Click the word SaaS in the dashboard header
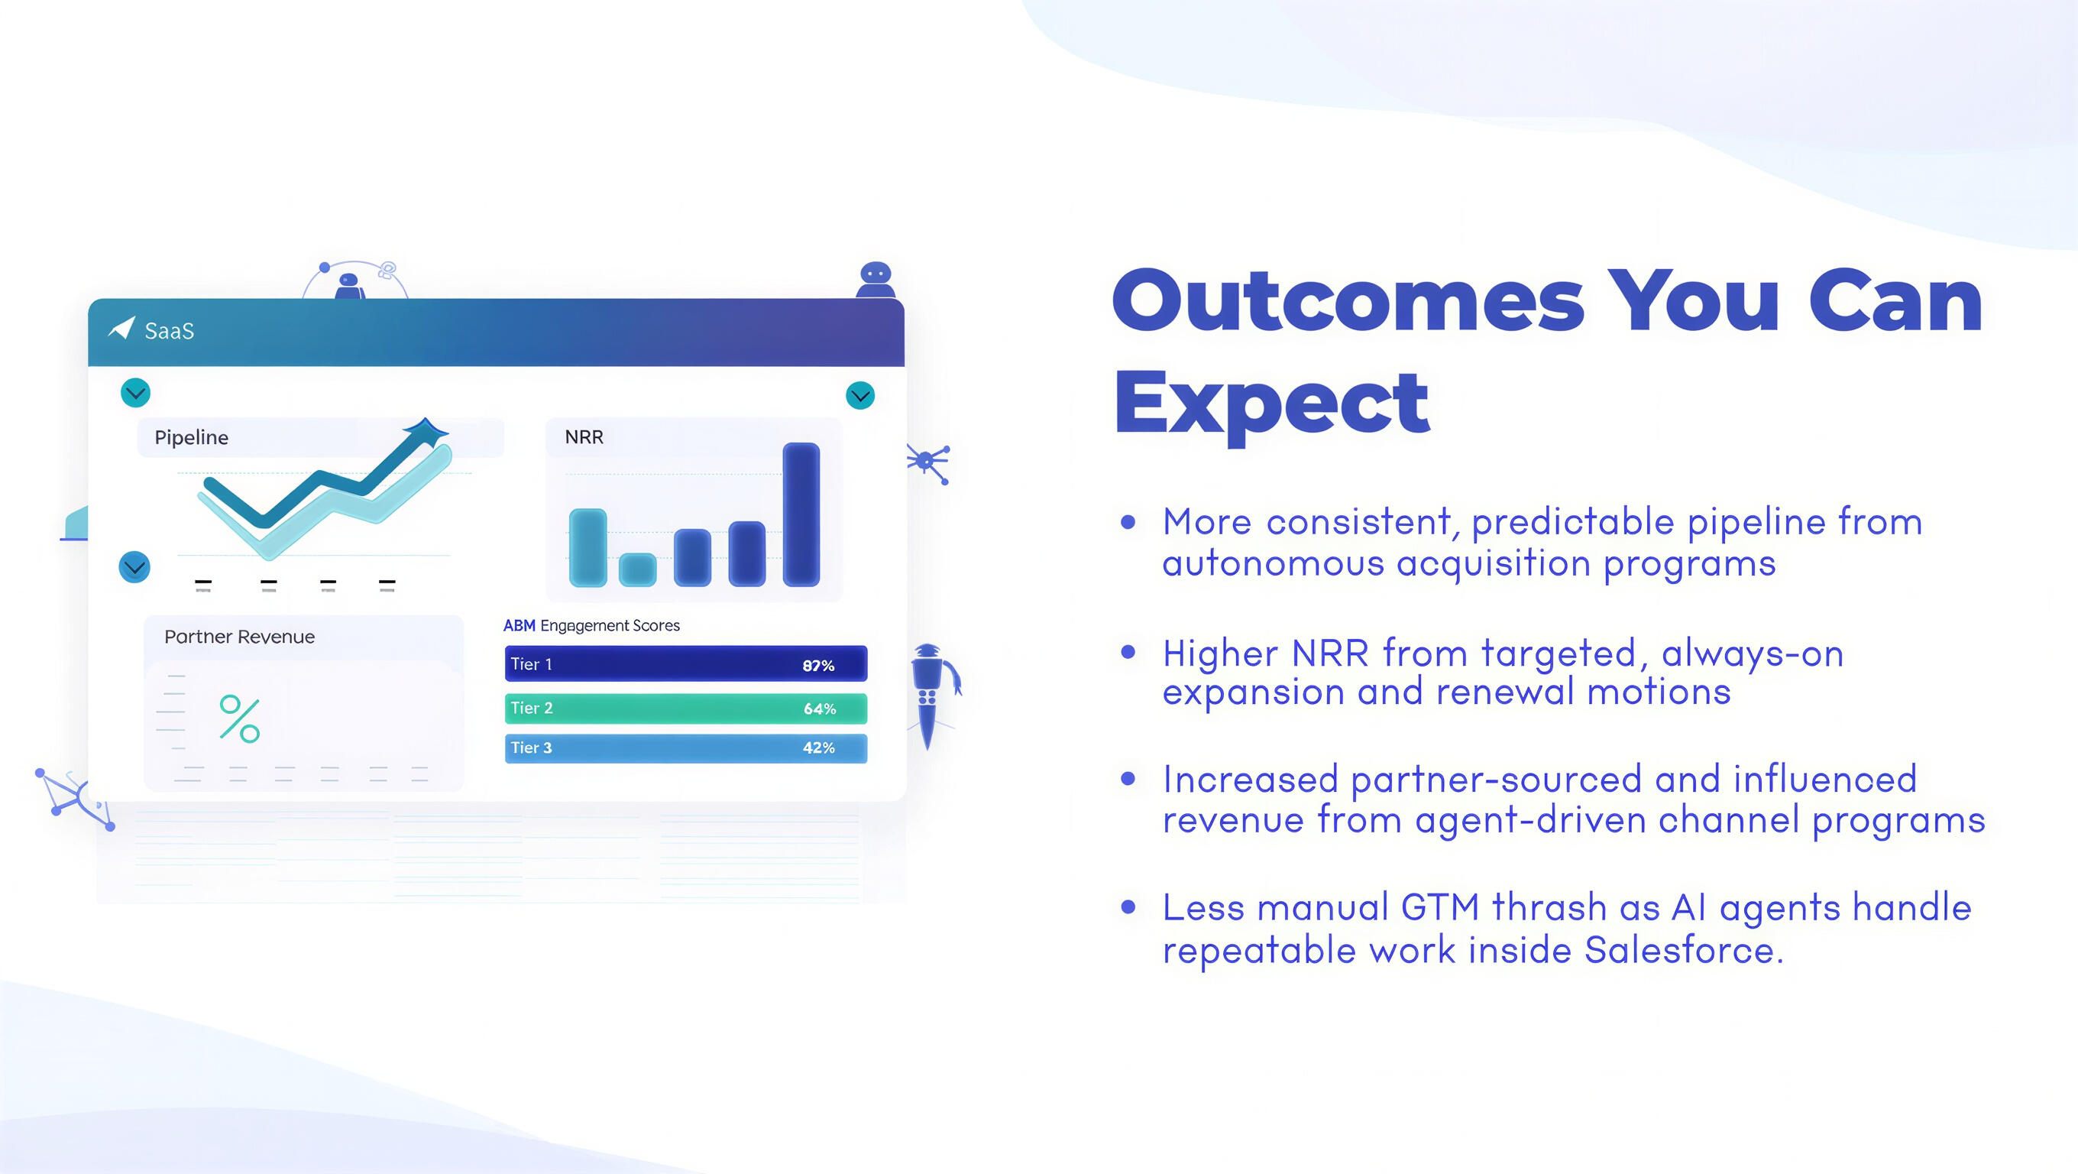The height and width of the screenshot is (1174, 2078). pyautogui.click(x=170, y=331)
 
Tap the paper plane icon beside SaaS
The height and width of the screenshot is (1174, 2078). pyautogui.click(x=121, y=328)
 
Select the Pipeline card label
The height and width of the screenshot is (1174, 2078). pyautogui.click(x=191, y=437)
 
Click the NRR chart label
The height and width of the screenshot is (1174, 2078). pyautogui.click(x=584, y=437)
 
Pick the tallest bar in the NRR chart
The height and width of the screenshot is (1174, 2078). pyautogui.click(x=801, y=514)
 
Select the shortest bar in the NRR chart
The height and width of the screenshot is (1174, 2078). pyautogui.click(x=637, y=569)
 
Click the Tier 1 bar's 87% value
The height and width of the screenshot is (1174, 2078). pyautogui.click(x=818, y=666)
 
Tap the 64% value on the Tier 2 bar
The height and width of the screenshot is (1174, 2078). pyautogui.click(x=820, y=709)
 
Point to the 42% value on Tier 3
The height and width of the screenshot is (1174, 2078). pyautogui.click(x=819, y=748)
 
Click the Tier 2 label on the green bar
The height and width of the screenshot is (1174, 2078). pyautogui.click(x=532, y=708)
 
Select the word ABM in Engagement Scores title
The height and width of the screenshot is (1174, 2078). pyautogui.click(x=519, y=625)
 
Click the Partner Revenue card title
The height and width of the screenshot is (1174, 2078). pyautogui.click(x=240, y=637)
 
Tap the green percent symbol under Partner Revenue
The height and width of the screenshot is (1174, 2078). pyautogui.click(x=240, y=718)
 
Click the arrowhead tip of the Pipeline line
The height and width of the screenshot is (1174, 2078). pyautogui.click(x=448, y=429)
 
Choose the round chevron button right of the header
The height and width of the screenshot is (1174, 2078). pyautogui.click(x=861, y=395)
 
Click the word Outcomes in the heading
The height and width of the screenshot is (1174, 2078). pyautogui.click(x=1348, y=301)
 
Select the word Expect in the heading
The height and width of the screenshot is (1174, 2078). pyautogui.click(x=1272, y=402)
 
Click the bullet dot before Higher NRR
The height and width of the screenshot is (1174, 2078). pyautogui.click(x=1128, y=651)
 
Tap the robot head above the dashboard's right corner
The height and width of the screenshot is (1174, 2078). pyautogui.click(x=876, y=274)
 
